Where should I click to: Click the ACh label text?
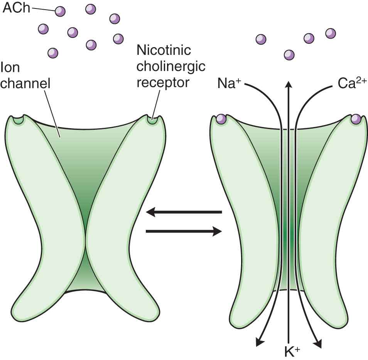[16, 8]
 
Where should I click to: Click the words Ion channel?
[26, 75]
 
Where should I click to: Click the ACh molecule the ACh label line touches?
[60, 11]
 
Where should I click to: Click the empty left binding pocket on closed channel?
[18, 120]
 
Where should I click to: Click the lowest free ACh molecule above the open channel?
[289, 55]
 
